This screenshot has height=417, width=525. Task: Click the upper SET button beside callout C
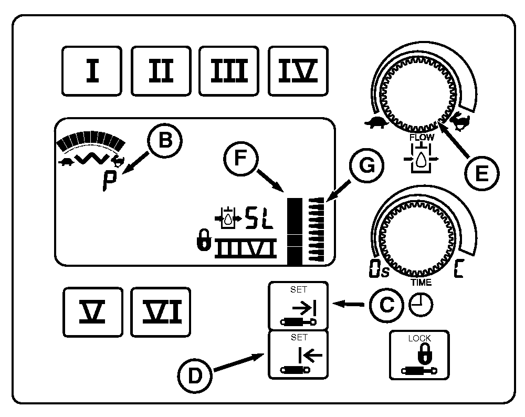coord(298,305)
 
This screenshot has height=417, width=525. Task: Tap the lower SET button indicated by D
coord(298,355)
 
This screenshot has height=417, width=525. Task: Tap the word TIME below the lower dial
coord(421,282)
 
